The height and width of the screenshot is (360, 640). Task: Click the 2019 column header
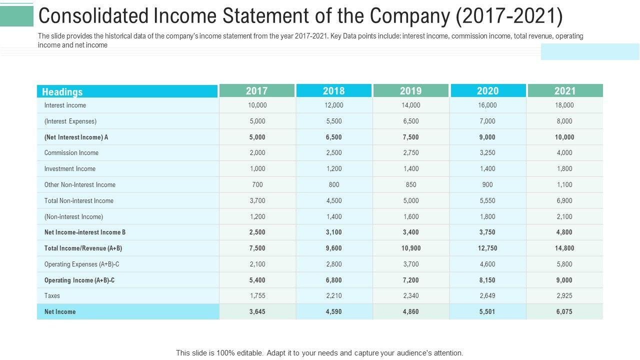click(x=410, y=91)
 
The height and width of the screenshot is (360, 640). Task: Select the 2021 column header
click(x=565, y=91)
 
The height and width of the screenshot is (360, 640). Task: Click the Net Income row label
click(x=60, y=311)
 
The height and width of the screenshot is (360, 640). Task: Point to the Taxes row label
click(x=52, y=295)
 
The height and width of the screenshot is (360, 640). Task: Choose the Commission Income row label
click(x=71, y=153)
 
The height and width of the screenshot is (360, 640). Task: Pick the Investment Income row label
click(x=70, y=169)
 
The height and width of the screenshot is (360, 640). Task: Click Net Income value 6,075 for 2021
click(x=564, y=311)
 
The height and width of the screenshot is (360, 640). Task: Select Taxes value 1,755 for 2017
click(x=257, y=295)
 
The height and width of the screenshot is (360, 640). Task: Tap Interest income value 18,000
click(x=564, y=105)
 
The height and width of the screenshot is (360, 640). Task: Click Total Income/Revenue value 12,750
click(x=487, y=248)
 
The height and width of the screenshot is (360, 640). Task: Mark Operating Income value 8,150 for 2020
click(x=487, y=280)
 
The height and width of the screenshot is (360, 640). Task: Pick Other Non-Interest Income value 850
click(x=411, y=184)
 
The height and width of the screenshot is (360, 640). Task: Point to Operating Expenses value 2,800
click(x=334, y=264)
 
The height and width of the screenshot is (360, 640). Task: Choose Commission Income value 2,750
click(x=411, y=153)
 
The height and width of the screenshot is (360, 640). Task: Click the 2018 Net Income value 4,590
click(x=334, y=311)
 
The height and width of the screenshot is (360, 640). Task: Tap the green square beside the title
click(x=16, y=16)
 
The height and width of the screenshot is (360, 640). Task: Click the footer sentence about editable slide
click(x=319, y=353)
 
